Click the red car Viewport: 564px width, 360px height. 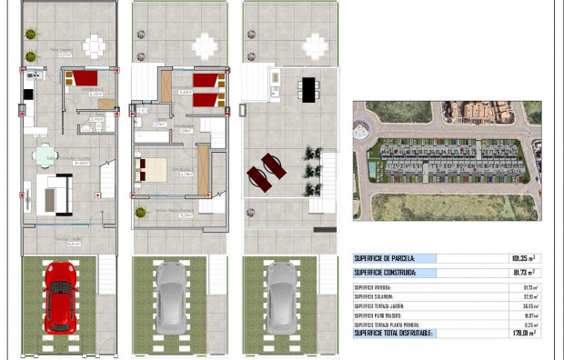coord(59,295)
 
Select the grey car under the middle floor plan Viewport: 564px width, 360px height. coord(170,296)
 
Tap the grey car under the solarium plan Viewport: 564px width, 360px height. coord(281,296)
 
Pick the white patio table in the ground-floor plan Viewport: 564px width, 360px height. coord(95,45)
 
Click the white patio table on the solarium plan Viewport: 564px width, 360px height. coord(315,45)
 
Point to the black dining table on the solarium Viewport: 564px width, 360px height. coord(308,89)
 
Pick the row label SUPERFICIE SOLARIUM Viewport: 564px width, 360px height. coord(378,296)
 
